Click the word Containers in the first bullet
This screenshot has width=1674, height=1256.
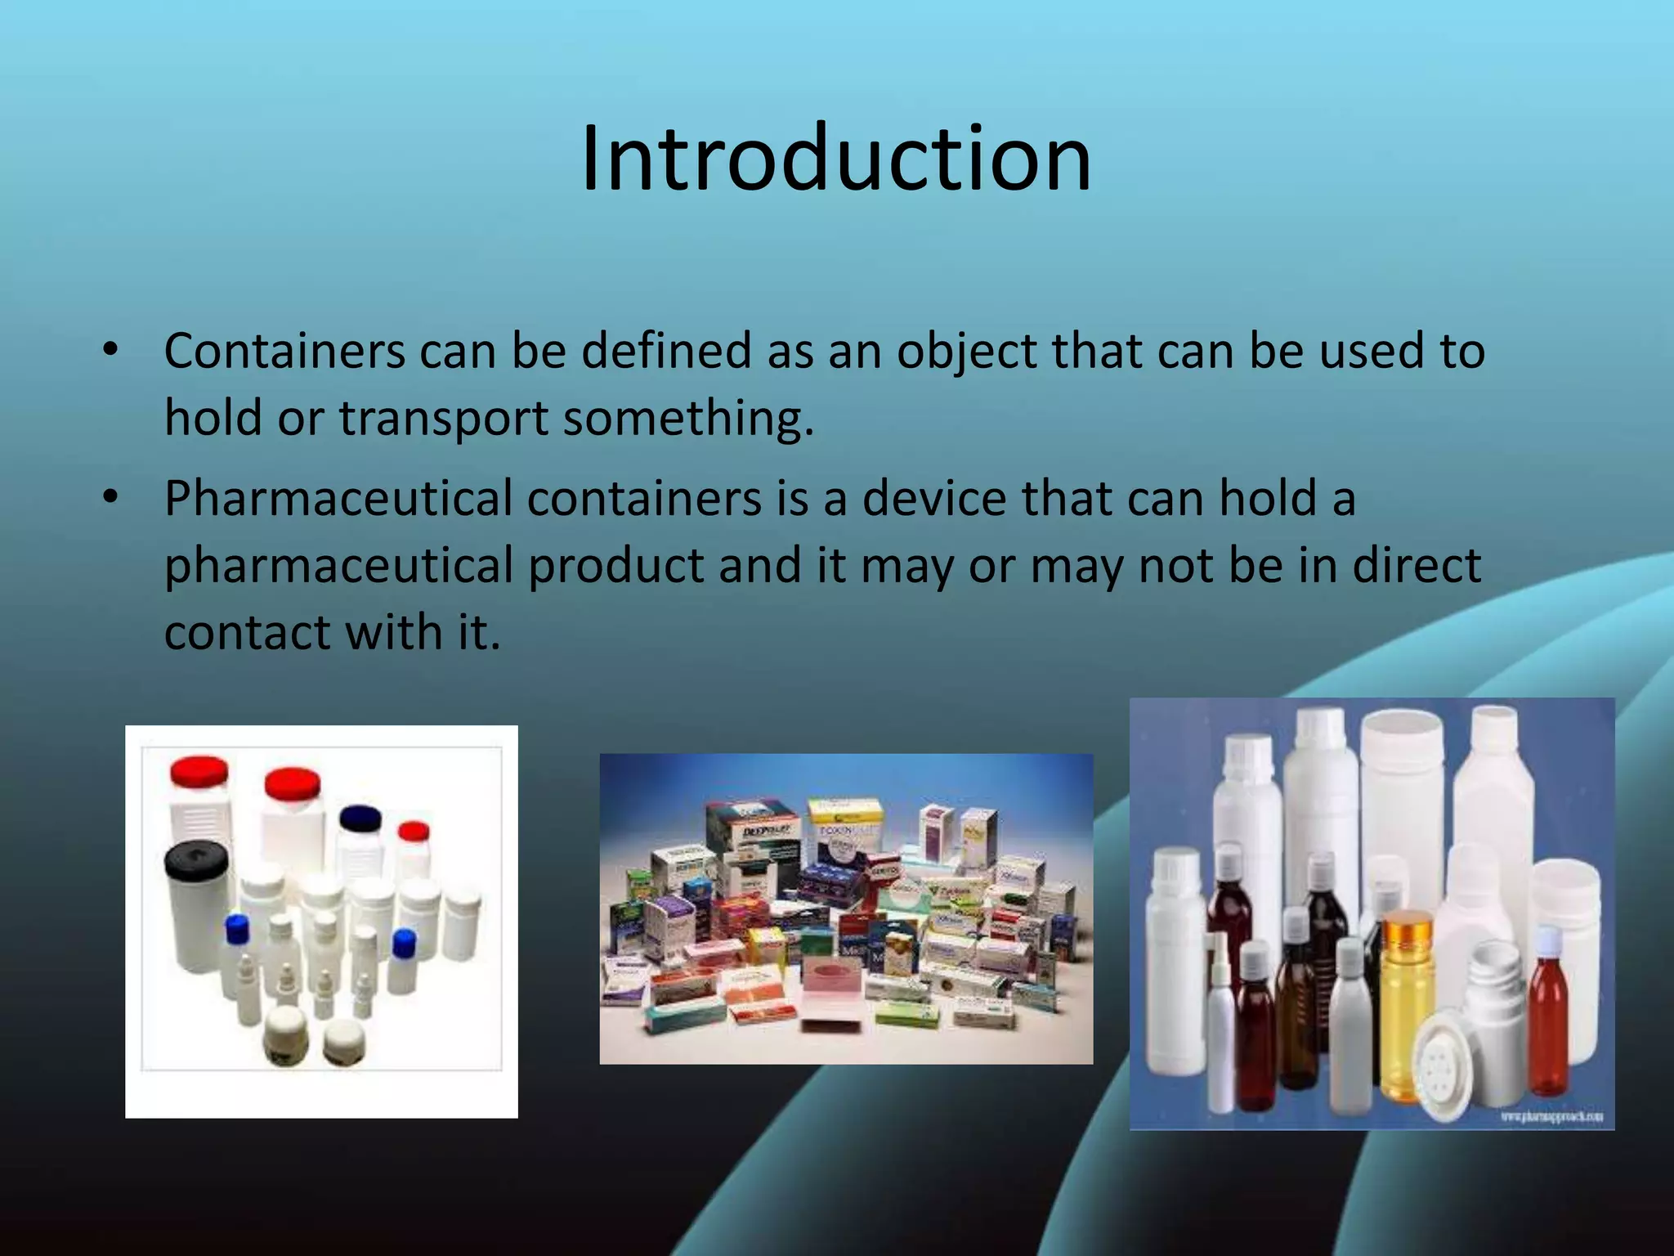click(x=284, y=351)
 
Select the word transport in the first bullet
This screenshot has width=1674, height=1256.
click(x=444, y=418)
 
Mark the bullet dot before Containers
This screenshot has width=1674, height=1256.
click(x=111, y=351)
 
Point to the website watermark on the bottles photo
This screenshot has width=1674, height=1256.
click(x=1551, y=1116)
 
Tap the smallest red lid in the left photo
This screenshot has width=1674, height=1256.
click(x=414, y=832)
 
